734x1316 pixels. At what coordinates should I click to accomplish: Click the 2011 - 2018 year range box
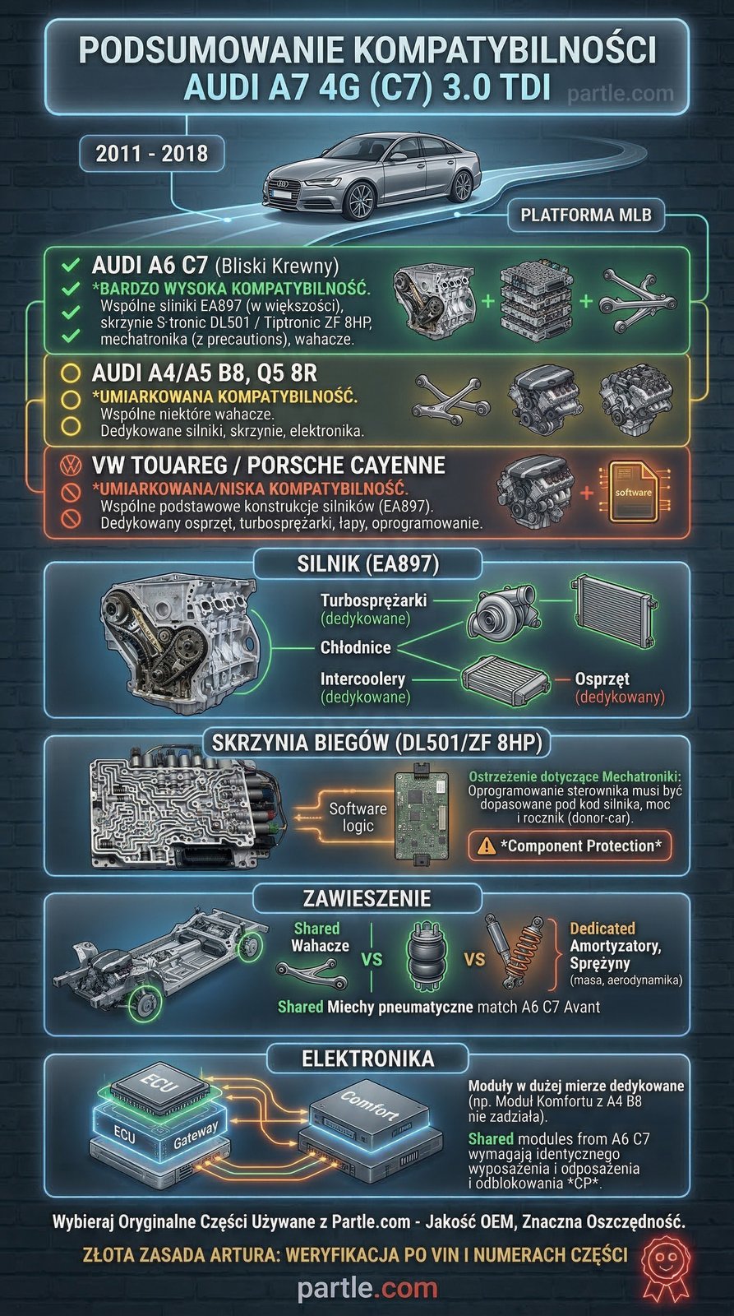point(152,154)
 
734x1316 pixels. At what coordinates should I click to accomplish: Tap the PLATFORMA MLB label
point(585,215)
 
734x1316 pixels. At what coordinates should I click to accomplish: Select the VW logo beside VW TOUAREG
point(71,466)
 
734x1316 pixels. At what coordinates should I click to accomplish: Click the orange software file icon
point(634,493)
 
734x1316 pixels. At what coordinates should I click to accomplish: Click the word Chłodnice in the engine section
point(355,647)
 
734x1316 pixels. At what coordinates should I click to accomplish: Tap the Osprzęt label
point(602,679)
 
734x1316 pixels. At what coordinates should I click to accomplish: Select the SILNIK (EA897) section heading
point(367,564)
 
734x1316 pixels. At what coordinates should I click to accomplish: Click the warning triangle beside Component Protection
point(487,846)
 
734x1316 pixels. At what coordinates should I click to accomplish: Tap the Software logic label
point(358,818)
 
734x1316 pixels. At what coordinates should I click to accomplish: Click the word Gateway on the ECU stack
point(196,1134)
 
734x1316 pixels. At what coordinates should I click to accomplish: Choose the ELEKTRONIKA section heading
point(367,1058)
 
